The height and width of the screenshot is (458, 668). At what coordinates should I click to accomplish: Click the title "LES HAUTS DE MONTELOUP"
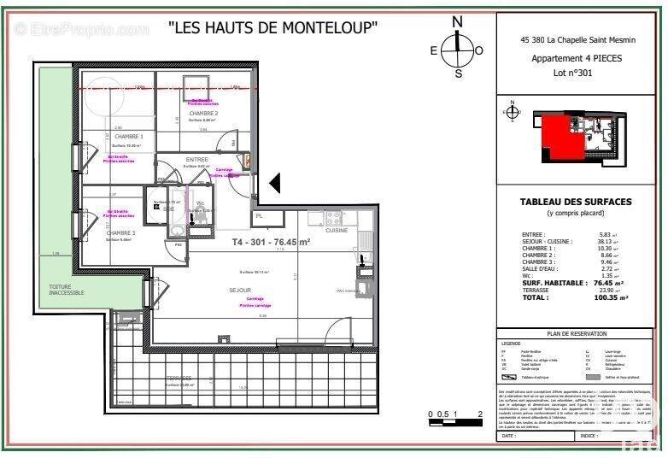(273, 28)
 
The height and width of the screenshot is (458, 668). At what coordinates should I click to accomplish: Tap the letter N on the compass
(458, 22)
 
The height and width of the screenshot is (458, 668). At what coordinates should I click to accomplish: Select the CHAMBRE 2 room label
(203, 114)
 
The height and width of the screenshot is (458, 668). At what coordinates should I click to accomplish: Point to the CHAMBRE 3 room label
(121, 232)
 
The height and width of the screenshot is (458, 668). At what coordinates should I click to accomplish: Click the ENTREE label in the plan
(196, 160)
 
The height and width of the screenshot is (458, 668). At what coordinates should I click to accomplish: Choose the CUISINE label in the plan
(335, 231)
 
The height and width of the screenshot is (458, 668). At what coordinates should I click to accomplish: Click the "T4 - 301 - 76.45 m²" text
(271, 242)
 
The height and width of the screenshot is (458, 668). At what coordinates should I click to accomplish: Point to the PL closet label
(258, 216)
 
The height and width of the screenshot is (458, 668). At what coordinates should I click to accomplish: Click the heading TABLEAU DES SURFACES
(577, 202)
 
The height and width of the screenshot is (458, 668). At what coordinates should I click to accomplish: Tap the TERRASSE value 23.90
(606, 290)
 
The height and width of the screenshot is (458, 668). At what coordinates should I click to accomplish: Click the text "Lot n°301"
(573, 73)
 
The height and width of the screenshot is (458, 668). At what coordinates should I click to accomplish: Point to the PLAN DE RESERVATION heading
(577, 334)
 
